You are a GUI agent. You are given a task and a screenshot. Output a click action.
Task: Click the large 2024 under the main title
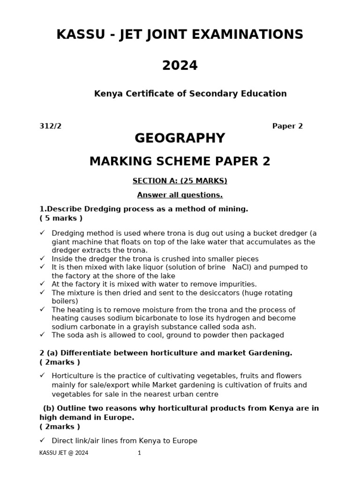tap(180, 66)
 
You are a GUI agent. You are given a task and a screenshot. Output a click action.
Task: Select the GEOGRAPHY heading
tap(180, 138)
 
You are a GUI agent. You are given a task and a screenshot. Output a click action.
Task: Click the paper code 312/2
tap(50, 126)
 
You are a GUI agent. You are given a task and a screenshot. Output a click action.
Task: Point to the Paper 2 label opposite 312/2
tap(287, 126)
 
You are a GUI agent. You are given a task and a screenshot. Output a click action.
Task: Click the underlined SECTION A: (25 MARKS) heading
tap(180, 181)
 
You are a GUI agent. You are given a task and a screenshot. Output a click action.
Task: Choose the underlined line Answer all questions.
tap(180, 195)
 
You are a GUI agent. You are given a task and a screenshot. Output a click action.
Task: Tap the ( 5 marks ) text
tap(61, 218)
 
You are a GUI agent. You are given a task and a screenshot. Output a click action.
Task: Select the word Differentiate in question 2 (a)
tap(85, 353)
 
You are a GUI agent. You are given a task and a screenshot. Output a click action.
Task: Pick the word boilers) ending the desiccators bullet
tap(65, 301)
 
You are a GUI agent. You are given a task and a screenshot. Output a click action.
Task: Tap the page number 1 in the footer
tap(139, 453)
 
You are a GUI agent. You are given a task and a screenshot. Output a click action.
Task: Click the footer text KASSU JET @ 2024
tap(64, 453)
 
